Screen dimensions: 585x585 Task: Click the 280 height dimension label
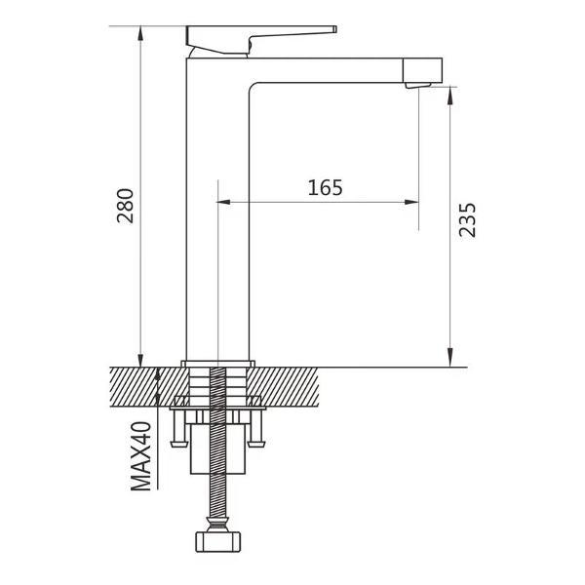[126, 206]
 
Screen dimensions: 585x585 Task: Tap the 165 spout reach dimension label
[325, 187]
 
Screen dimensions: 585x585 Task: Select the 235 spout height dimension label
[467, 219]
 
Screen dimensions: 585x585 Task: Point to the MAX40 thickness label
[141, 456]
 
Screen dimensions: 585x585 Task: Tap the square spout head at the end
[423, 70]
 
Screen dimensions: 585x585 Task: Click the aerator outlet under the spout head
[418, 86]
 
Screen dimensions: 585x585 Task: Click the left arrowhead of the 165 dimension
[222, 202]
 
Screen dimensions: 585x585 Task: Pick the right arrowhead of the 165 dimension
[411, 202]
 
